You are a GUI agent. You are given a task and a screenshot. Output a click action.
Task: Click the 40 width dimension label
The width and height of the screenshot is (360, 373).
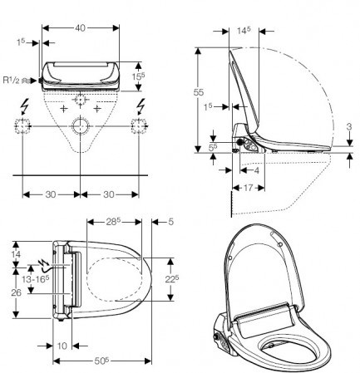[x=80, y=28]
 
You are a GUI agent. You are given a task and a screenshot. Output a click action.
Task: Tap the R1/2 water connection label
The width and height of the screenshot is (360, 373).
[x=11, y=81]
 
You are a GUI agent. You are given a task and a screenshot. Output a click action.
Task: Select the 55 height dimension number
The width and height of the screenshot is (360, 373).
[x=199, y=92]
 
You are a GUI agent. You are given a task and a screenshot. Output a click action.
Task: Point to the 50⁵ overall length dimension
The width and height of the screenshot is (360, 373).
[x=101, y=361]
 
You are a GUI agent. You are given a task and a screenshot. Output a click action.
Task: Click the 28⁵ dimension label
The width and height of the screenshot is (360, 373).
[x=112, y=222]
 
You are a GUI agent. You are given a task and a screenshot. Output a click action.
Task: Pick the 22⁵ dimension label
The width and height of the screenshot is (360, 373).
[x=172, y=279]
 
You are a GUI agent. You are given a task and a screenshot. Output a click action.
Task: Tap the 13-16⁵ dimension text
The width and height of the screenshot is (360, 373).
[x=36, y=279]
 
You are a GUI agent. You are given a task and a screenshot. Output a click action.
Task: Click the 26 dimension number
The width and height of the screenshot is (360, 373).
[x=16, y=292]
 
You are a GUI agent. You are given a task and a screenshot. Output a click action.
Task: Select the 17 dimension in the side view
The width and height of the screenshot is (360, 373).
[x=248, y=188]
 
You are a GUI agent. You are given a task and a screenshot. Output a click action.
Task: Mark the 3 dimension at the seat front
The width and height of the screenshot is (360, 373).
[x=349, y=126]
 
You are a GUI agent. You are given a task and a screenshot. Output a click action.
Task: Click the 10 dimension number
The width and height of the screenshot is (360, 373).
[x=62, y=346]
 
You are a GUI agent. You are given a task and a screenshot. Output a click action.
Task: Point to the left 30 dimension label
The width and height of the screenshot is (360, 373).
[x=51, y=194]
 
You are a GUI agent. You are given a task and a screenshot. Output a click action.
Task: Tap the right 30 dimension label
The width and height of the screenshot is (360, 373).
[x=109, y=194]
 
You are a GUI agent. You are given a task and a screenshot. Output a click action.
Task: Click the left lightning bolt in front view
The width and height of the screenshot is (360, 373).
[x=26, y=106]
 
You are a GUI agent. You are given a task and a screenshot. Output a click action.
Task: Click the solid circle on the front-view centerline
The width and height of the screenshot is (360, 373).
[x=81, y=126]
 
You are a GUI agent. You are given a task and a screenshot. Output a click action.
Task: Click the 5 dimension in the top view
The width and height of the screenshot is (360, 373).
[x=170, y=222]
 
